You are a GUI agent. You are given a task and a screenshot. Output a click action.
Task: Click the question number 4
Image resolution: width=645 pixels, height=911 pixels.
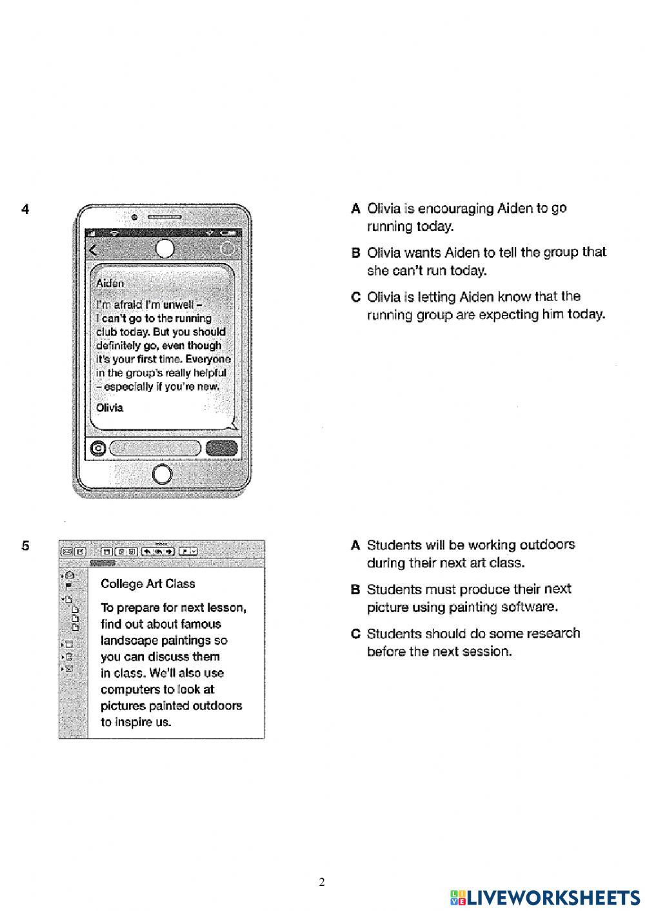pyautogui.click(x=25, y=209)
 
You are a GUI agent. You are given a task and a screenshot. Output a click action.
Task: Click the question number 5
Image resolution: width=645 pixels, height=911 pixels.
pyautogui.click(x=25, y=545)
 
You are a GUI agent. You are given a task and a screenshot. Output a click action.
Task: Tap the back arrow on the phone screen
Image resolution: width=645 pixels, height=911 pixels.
pyautogui.click(x=94, y=250)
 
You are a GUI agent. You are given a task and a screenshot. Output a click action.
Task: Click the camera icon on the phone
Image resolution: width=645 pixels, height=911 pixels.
pyautogui.click(x=99, y=448)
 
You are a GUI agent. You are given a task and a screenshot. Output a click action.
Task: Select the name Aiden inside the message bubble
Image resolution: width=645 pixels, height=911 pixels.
pyautogui.click(x=110, y=283)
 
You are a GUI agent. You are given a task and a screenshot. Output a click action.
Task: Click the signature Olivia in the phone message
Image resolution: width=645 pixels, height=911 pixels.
pyautogui.click(x=109, y=407)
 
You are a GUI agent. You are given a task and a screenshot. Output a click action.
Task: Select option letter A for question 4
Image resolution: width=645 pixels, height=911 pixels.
pyautogui.click(x=355, y=209)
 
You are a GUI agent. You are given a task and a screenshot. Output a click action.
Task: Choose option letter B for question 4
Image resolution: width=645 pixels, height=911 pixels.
pyautogui.click(x=355, y=253)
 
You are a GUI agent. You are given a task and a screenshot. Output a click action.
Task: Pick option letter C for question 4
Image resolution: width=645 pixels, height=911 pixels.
pyautogui.click(x=355, y=297)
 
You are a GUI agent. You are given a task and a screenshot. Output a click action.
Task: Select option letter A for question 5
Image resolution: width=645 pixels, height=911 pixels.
pyautogui.click(x=355, y=545)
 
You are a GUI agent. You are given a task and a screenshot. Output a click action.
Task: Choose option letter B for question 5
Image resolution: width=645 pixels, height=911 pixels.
pyautogui.click(x=355, y=589)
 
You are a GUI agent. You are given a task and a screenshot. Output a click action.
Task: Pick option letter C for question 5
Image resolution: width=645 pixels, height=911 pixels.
pyautogui.click(x=355, y=634)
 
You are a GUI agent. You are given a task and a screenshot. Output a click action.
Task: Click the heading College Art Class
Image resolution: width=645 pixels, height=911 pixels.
pyautogui.click(x=148, y=583)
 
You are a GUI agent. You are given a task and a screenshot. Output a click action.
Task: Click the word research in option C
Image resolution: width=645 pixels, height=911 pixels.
pyautogui.click(x=553, y=633)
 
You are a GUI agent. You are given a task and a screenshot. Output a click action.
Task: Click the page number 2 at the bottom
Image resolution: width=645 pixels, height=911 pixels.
pyautogui.click(x=322, y=882)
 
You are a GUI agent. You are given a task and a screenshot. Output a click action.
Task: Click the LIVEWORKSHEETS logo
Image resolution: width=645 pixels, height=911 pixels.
pyautogui.click(x=546, y=897)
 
